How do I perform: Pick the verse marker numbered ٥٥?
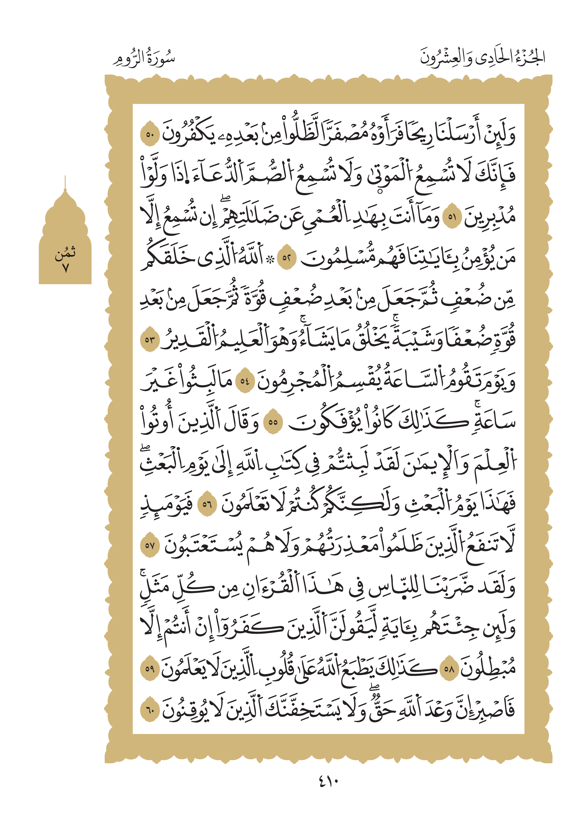[x=273, y=423]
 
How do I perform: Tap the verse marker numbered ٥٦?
[x=207, y=505]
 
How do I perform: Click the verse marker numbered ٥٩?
[x=150, y=669]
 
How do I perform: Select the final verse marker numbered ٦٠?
[x=150, y=711]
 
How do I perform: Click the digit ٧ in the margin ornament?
[x=65, y=268]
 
